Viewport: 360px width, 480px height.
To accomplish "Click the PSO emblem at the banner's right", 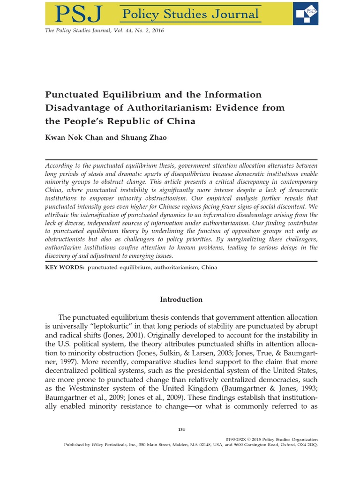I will (x=305, y=13).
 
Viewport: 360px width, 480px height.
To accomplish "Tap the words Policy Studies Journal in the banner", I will (x=190, y=14).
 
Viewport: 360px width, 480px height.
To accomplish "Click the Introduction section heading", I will (x=181, y=300).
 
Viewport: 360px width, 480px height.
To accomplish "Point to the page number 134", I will (x=181, y=430).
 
